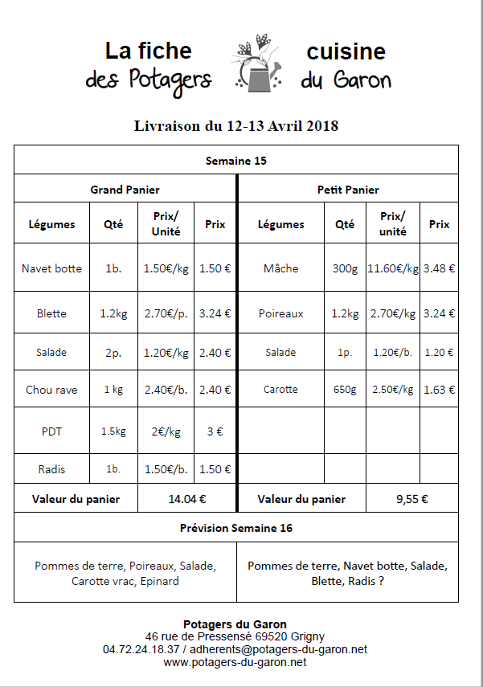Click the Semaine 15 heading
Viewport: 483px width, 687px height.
pos(236,161)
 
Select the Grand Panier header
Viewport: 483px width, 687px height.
pos(125,190)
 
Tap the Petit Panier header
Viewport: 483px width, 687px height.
pos(348,190)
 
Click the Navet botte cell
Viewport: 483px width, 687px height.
pos(51,268)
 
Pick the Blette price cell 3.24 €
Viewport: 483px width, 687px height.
pos(215,313)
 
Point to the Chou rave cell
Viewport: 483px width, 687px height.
pos(51,390)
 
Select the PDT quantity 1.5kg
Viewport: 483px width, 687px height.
pos(113,431)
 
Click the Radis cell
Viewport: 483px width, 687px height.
pos(51,469)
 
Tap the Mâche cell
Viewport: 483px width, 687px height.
pos(280,268)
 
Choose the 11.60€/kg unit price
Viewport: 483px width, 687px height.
pos(392,268)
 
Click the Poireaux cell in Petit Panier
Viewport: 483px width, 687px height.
pos(280,313)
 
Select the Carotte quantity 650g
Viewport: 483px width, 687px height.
pos(344,390)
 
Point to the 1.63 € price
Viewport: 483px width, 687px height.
pos(439,390)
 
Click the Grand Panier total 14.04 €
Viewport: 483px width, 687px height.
pos(187,499)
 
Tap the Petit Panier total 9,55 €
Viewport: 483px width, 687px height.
pos(411,499)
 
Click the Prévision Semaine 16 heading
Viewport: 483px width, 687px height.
pos(236,528)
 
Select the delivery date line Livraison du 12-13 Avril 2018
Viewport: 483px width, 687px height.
pos(236,126)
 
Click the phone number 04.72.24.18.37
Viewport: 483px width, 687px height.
pos(141,648)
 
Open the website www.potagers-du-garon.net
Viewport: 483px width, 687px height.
pos(235,662)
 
